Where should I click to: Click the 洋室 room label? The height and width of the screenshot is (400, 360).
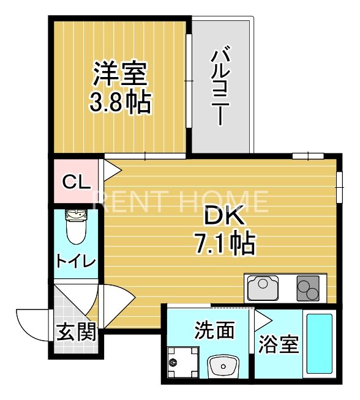click(120, 75)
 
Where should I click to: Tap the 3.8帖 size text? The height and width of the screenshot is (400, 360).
click(120, 102)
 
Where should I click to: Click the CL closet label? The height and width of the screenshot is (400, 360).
click(77, 182)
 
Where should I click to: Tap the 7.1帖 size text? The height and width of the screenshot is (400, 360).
click(225, 244)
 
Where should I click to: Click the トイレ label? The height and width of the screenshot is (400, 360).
click(76, 261)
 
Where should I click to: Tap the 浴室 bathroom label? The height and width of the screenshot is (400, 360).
click(279, 344)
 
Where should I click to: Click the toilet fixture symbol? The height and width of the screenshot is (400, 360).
click(76, 226)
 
